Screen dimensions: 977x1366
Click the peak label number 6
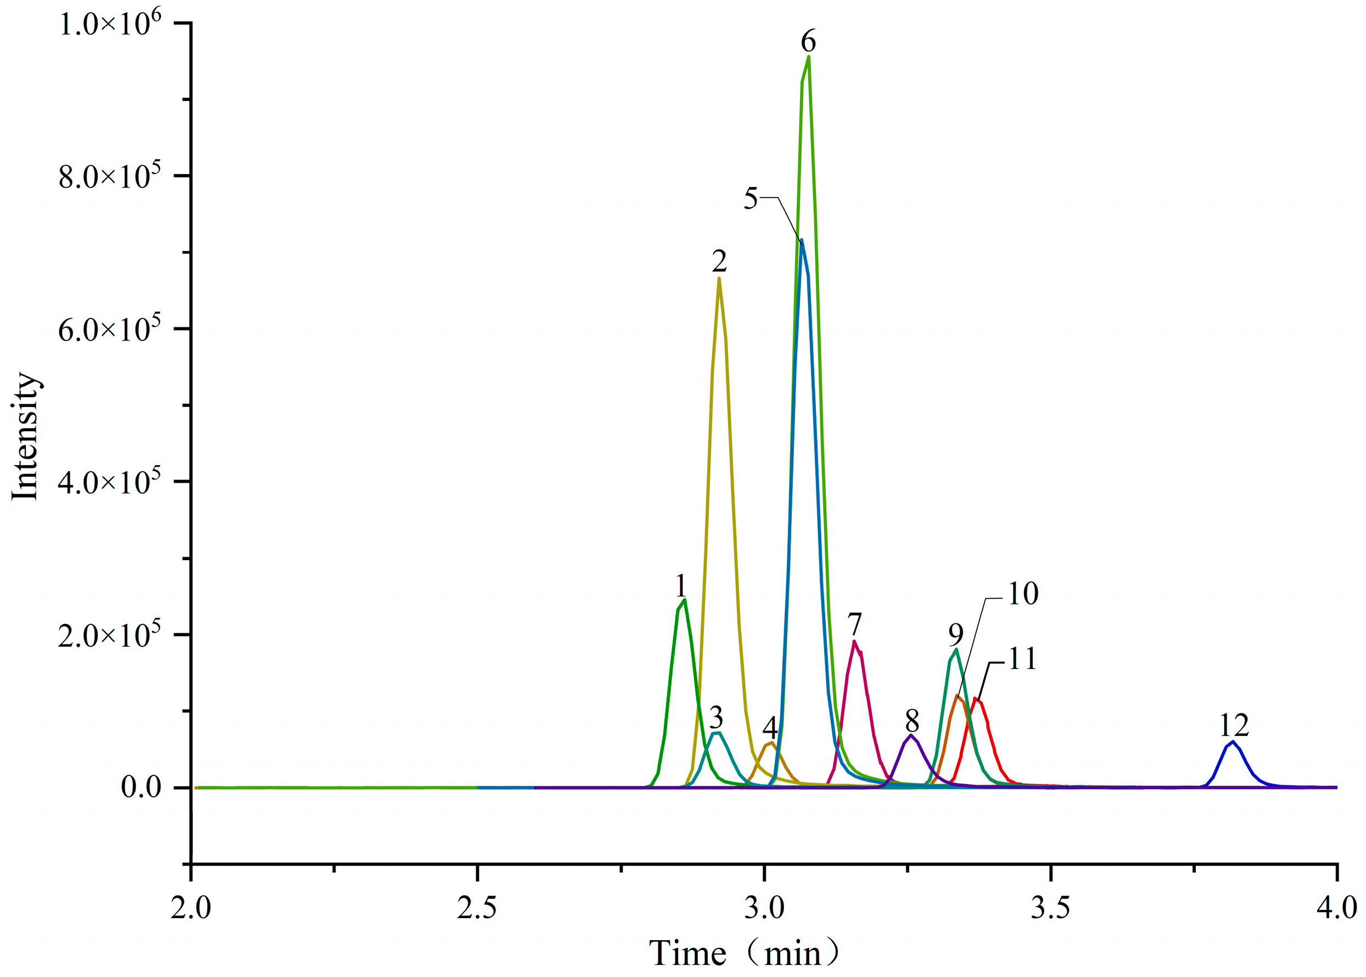tap(808, 42)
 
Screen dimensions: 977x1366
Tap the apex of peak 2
tap(719, 278)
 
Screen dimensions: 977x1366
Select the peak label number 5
tap(751, 198)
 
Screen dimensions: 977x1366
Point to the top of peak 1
tap(685, 599)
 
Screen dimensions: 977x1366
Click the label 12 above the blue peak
tap(1234, 725)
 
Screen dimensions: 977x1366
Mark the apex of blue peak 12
tap(1233, 741)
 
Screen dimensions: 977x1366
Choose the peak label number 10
tap(1022, 594)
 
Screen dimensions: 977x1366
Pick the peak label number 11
tap(1022, 659)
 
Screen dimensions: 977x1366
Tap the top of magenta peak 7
tap(854, 641)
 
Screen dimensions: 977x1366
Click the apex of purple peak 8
tap(911, 735)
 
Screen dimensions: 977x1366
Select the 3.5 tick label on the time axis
tap(1051, 908)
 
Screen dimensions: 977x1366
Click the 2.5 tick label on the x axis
tap(477, 908)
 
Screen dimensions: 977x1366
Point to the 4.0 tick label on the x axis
tap(1336, 908)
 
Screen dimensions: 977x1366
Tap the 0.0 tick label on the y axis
tap(141, 787)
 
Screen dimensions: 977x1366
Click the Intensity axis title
tap(25, 436)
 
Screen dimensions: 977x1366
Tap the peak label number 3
tap(716, 717)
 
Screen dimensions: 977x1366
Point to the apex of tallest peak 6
tap(808, 57)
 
